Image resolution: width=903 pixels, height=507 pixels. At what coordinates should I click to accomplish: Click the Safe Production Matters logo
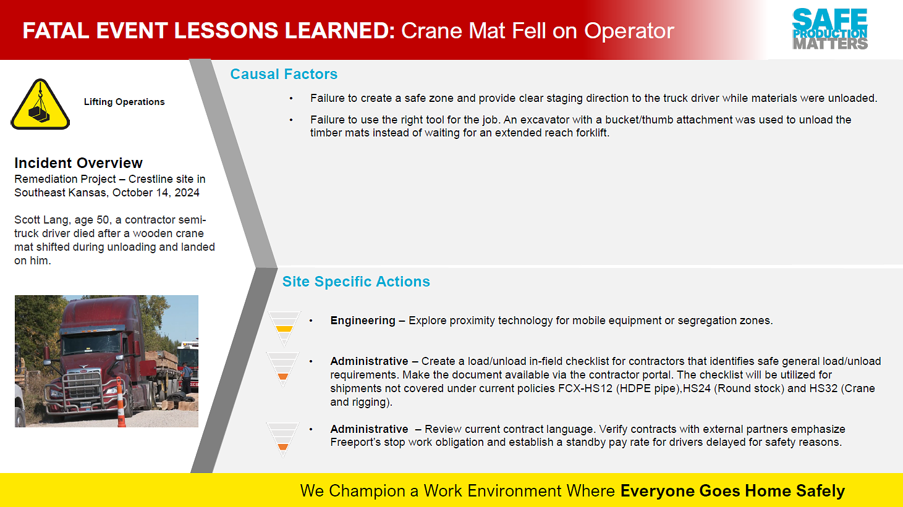click(829, 29)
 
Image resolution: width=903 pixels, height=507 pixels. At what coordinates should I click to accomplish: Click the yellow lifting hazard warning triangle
click(40, 105)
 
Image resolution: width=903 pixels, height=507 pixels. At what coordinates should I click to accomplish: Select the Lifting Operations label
click(124, 102)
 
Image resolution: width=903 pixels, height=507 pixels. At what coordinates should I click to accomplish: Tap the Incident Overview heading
click(78, 163)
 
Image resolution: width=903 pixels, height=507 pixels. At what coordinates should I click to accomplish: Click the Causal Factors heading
click(284, 74)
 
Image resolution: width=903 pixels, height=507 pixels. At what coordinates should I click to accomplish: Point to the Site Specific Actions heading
click(356, 282)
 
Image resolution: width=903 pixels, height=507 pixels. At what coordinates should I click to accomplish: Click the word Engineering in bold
click(363, 321)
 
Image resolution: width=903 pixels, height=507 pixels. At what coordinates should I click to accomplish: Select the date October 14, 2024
click(156, 193)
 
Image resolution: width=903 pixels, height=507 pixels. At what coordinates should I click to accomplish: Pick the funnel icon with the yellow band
click(284, 329)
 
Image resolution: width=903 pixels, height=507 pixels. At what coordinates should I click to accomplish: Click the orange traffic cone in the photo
click(121, 403)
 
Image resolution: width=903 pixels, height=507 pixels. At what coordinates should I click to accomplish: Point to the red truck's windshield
click(92, 344)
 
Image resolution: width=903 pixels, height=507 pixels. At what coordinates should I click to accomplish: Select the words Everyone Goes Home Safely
click(732, 491)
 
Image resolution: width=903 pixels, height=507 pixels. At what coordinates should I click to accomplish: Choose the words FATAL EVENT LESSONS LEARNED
click(209, 31)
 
